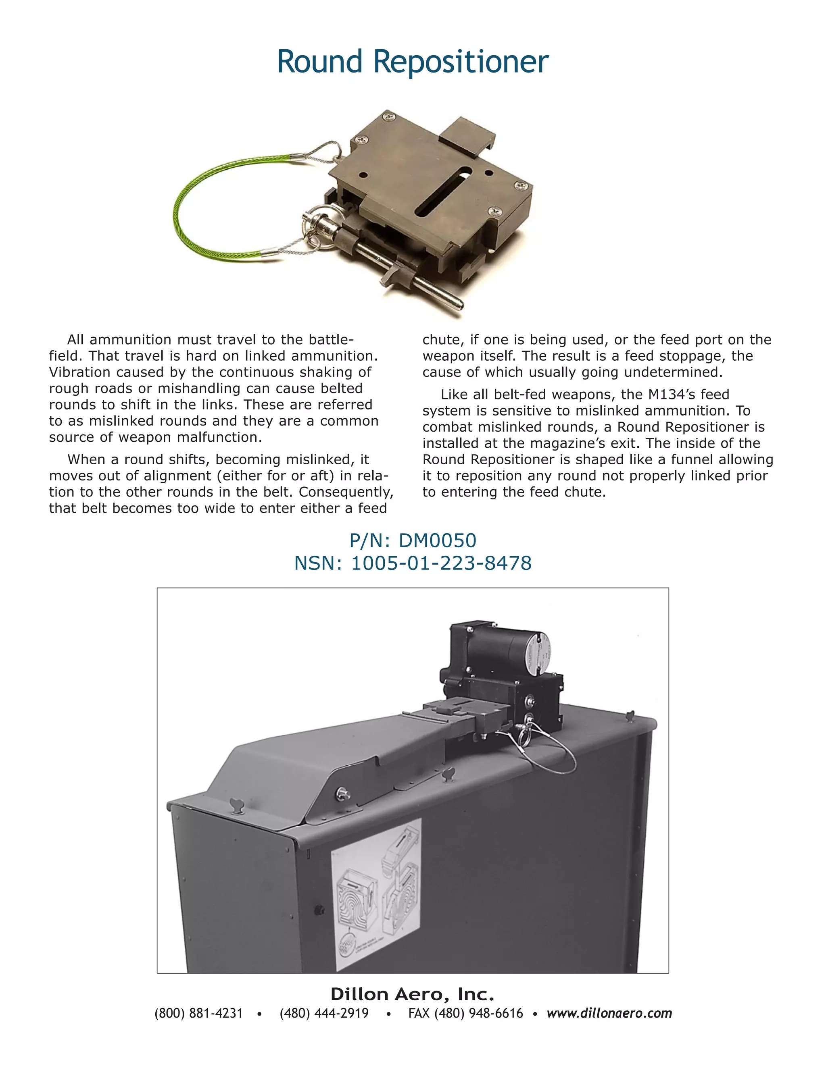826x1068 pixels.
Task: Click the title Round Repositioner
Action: [413, 62]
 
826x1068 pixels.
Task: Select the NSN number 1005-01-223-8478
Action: [441, 563]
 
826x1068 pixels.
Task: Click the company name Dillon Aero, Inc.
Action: [412, 994]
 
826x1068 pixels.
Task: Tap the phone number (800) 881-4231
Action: [199, 1013]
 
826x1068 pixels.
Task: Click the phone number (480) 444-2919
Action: [324, 1013]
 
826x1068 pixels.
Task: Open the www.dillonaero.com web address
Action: [609, 1013]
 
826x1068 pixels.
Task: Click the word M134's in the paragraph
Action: [672, 395]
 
